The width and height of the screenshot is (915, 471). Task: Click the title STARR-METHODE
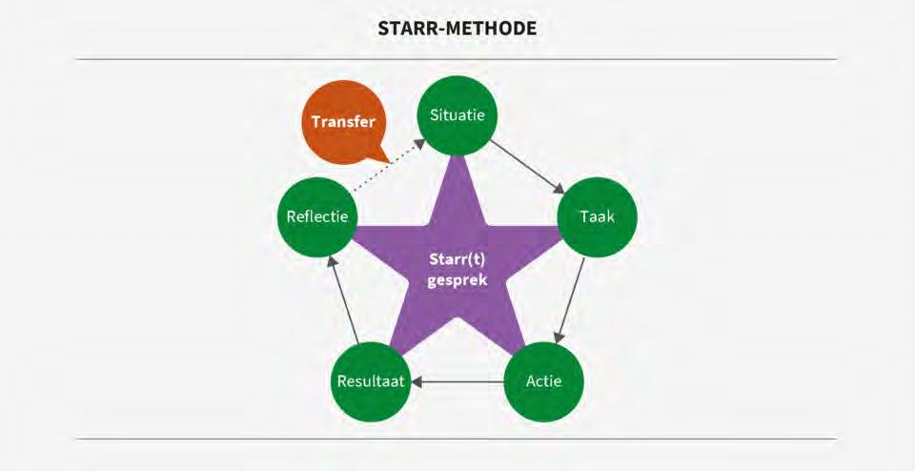pos(457,28)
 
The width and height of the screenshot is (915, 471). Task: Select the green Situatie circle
pos(457,116)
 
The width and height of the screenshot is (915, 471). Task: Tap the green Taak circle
pos(597,216)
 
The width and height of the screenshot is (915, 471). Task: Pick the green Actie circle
pos(543,382)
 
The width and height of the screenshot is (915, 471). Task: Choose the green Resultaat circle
pos(371,382)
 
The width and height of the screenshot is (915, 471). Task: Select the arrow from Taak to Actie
pos(571,299)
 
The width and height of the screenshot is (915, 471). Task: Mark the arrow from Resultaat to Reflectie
pos(342,300)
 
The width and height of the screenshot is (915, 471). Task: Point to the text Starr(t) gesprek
pos(457,272)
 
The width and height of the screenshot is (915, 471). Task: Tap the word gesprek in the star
pos(457,281)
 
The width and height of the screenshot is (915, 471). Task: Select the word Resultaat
pos(371,382)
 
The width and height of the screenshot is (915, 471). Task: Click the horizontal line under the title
pos(457,59)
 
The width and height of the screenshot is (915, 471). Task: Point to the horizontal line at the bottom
pos(457,440)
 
